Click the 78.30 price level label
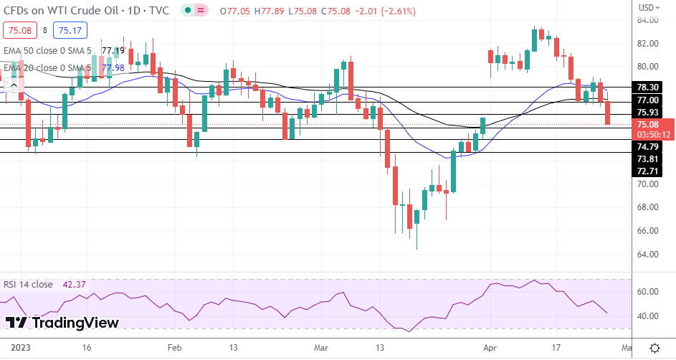point(647,87)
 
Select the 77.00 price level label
point(647,100)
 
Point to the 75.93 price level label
point(647,113)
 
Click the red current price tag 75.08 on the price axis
point(647,124)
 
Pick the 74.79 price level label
point(647,146)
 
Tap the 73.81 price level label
point(647,159)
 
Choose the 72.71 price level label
point(647,171)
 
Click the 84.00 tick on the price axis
point(647,20)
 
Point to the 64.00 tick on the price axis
point(647,254)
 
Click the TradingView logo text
point(63,323)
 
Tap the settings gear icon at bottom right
point(654,348)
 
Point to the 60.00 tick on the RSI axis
point(647,292)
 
